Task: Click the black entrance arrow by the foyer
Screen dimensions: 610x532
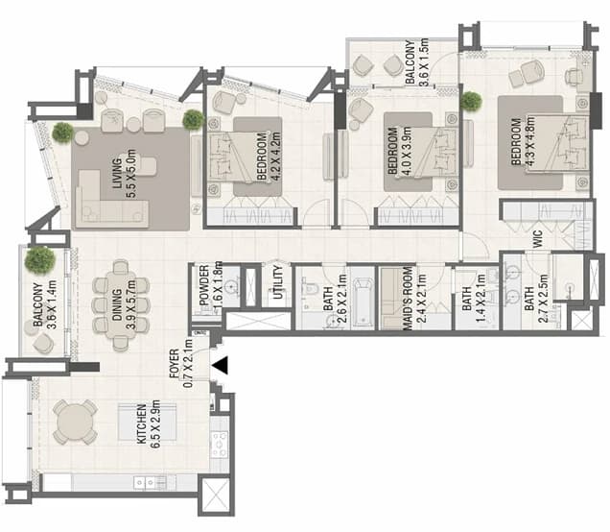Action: (221, 365)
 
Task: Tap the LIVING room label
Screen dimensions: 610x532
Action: (117, 173)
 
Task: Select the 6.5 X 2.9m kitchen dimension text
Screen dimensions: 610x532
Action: (155, 423)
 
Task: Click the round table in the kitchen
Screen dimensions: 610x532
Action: (75, 422)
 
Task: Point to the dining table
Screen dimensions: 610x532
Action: (121, 305)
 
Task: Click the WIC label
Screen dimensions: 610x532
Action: (537, 239)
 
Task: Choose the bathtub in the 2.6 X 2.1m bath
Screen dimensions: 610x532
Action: (363, 302)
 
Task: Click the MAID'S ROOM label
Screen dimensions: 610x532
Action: (408, 299)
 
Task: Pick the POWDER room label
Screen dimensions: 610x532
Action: (204, 285)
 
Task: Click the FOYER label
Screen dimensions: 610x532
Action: (175, 364)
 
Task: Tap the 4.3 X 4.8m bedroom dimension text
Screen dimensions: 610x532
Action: (529, 142)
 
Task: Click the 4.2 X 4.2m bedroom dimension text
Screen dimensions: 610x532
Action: (275, 157)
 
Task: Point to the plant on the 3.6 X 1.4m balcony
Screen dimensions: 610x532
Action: (39, 260)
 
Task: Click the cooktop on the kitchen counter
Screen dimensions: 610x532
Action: (219, 444)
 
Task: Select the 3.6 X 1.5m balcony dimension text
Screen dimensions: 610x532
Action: (423, 61)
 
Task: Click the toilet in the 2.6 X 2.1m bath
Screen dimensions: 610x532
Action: (310, 288)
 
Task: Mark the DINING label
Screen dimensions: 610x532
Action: (117, 304)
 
